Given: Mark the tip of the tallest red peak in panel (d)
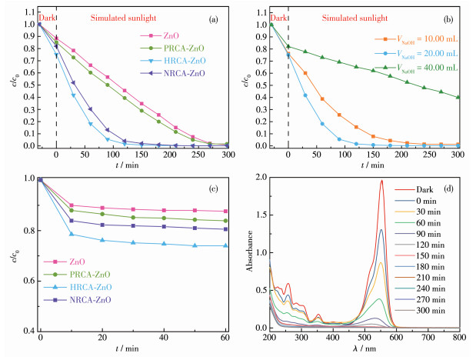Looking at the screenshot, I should (424, 181).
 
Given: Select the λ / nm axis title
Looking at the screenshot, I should (364, 350).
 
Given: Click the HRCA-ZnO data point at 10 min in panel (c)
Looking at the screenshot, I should (71, 234).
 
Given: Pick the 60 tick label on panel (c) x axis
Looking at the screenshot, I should (225, 338).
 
